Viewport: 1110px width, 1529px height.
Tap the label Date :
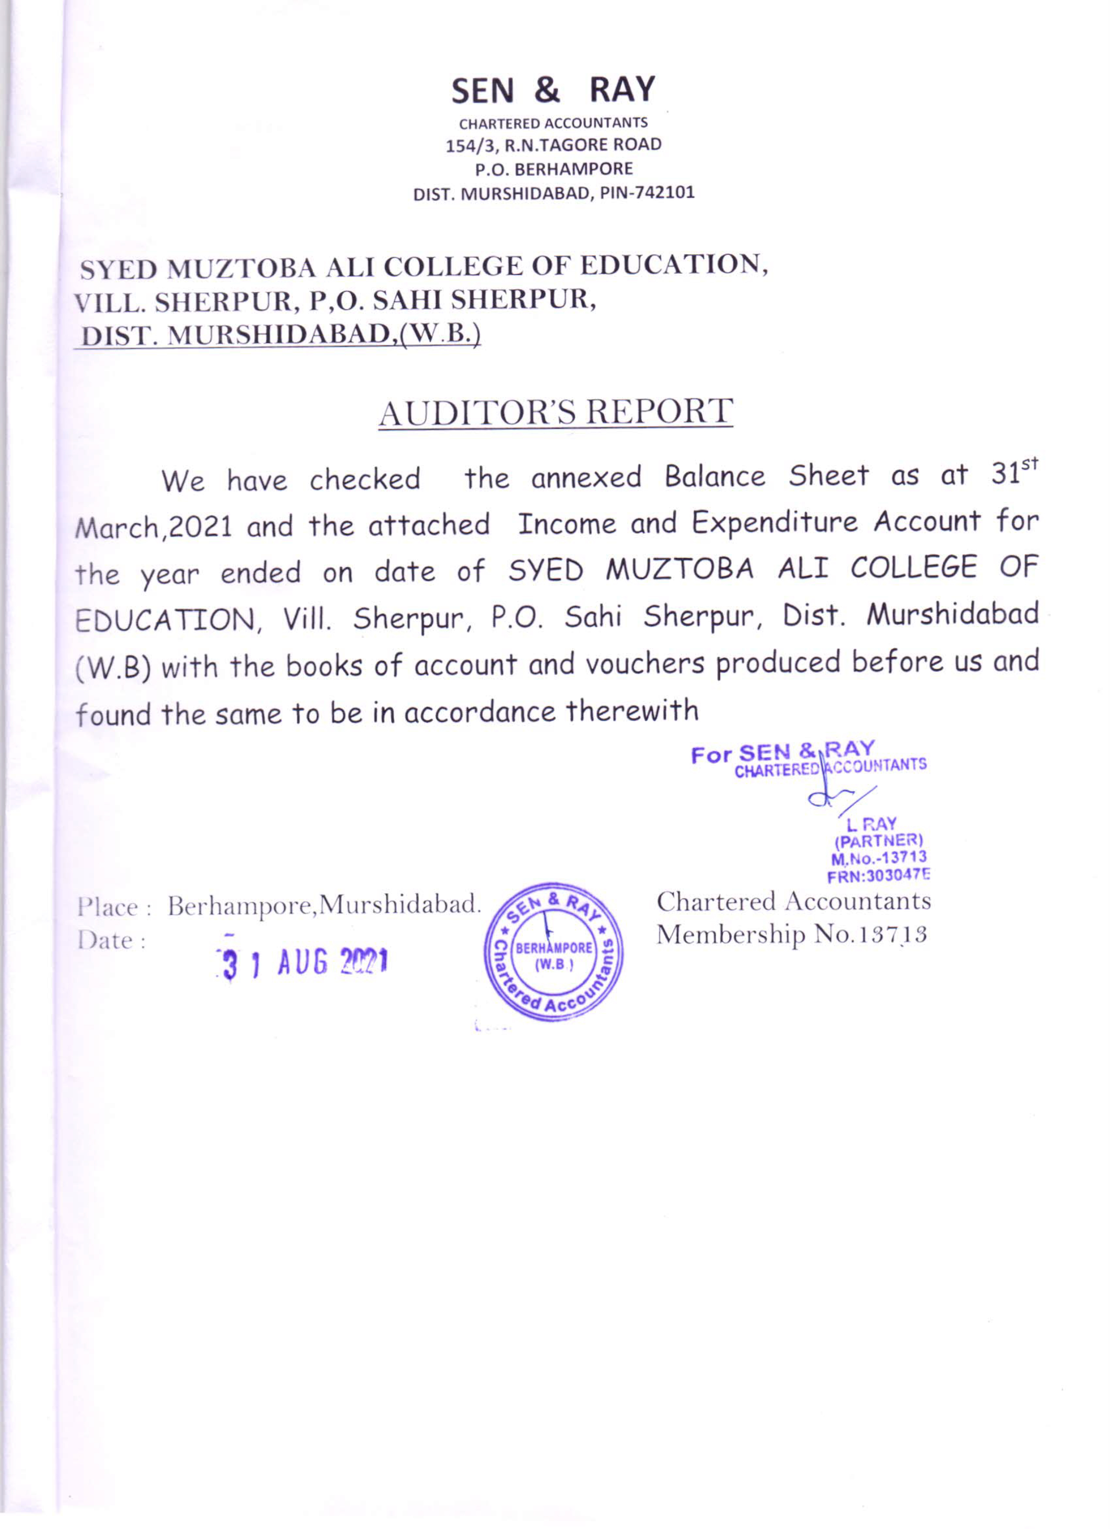112,941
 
